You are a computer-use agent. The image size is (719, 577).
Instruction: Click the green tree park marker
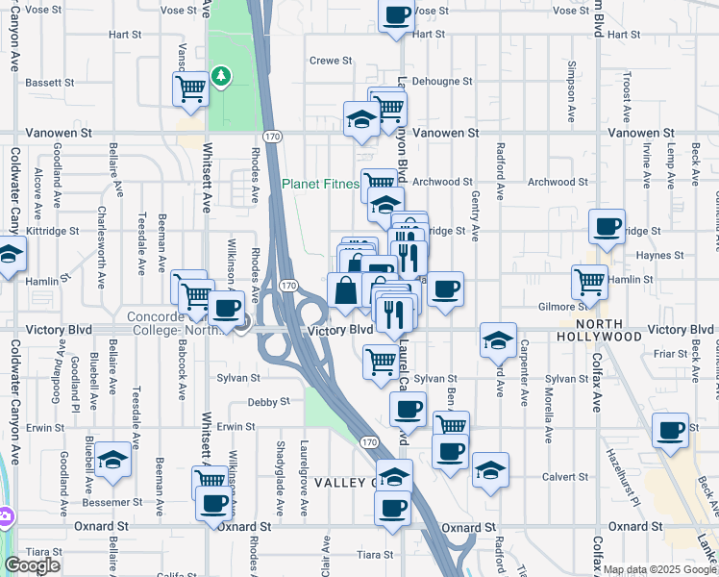coord(222,75)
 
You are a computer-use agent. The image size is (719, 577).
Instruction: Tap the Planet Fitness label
coord(320,184)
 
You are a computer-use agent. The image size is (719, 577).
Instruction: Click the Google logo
coord(32,564)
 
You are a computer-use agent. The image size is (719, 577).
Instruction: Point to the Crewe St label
coord(331,61)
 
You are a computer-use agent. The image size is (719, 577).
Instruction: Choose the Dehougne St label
coord(443,83)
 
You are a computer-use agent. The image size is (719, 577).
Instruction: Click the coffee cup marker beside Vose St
coord(397,14)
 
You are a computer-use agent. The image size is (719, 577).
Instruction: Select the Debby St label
coord(268,402)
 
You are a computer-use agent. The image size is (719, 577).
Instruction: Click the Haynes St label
coord(658,255)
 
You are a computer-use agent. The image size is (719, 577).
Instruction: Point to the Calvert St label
coord(564,477)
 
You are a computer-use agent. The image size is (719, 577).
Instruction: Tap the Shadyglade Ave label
coord(281,477)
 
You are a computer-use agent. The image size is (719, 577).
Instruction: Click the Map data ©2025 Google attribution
coord(659,569)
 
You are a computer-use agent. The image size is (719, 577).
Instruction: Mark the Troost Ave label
coord(626,99)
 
